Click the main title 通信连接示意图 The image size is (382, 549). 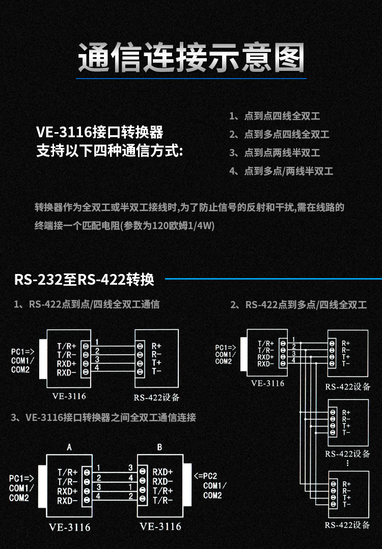191,57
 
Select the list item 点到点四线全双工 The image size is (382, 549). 281,116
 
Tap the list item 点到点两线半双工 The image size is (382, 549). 281,153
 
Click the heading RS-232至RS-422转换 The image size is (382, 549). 84,280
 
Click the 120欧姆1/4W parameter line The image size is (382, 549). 125,226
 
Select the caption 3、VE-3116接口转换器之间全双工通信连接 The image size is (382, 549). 103,417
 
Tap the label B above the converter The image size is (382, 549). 159,447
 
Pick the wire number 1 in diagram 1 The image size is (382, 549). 97,341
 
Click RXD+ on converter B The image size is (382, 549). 163,471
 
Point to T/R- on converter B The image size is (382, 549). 163,501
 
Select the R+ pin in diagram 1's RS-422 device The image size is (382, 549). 156,345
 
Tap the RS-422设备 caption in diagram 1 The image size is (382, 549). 156,397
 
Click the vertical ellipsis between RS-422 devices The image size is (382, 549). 347,463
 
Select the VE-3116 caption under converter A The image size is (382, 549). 70,527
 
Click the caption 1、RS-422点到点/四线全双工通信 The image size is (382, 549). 87,305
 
